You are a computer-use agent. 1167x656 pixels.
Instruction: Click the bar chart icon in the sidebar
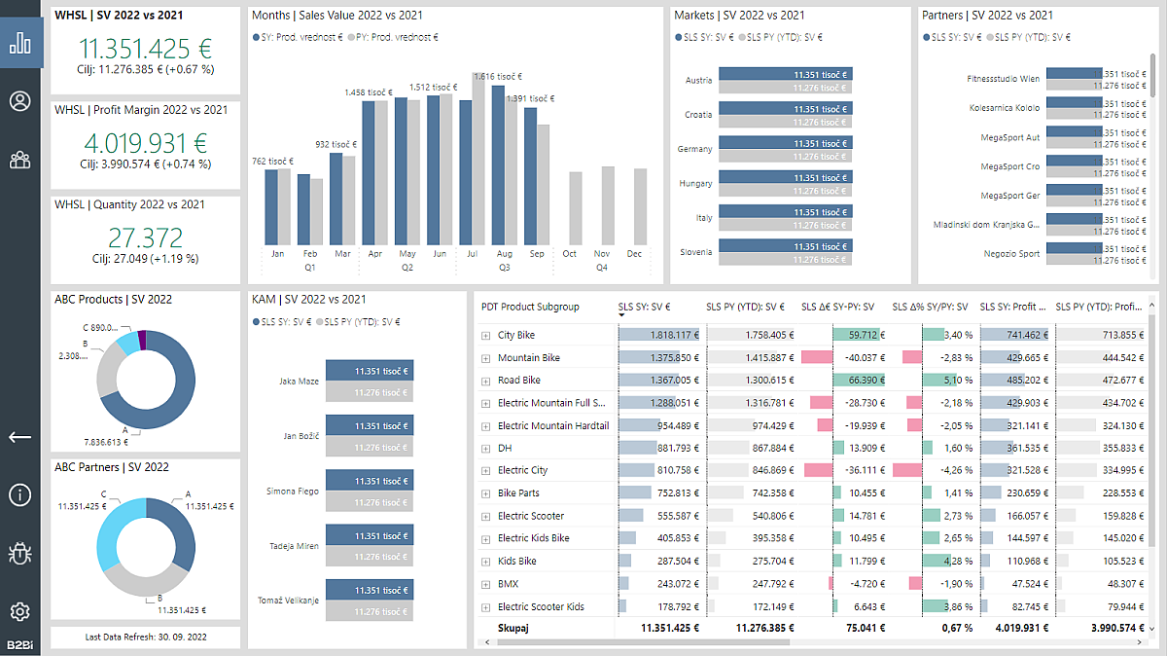pos(20,44)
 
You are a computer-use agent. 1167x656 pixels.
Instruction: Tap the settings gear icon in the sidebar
pos(20,611)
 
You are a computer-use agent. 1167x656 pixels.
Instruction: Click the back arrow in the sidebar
pos(20,437)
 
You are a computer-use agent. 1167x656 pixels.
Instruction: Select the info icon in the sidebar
pos(20,494)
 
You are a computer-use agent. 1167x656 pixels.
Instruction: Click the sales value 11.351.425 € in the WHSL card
pos(145,50)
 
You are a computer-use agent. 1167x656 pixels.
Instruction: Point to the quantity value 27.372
pos(145,237)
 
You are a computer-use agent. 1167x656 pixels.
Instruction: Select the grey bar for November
pos(608,205)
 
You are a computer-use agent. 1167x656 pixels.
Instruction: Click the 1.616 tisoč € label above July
pos(498,76)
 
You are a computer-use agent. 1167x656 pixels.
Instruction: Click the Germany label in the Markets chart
pos(694,149)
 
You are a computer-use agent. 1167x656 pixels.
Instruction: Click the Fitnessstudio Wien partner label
pos(1003,79)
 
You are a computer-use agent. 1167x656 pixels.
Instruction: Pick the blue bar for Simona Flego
pos(369,481)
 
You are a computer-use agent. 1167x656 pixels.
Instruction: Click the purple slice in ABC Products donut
pos(142,340)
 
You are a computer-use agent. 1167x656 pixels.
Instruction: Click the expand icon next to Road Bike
pos(486,381)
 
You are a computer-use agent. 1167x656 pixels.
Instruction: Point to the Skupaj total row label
pos(513,629)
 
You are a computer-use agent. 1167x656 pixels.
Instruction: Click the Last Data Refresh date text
pos(145,637)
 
